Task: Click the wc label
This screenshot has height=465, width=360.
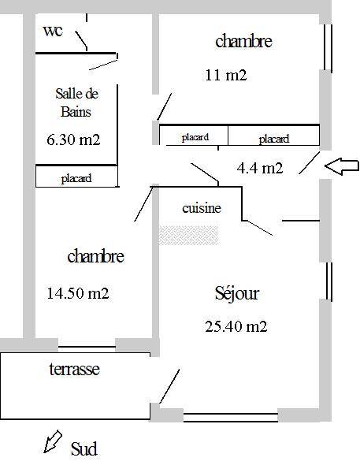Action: [53, 31]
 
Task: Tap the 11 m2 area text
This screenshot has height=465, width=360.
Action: [226, 75]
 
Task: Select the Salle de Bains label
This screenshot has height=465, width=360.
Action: [76, 102]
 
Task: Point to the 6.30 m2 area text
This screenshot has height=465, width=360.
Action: [73, 139]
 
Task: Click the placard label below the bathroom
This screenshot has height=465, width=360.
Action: [76, 179]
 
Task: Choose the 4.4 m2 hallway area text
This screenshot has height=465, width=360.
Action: [260, 168]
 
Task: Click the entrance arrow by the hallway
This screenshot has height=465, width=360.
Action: [342, 166]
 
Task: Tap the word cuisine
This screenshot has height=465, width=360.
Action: [202, 208]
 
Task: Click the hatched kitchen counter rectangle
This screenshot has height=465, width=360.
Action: [189, 236]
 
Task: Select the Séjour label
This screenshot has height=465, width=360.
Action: [237, 293]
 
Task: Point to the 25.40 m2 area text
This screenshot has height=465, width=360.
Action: [236, 326]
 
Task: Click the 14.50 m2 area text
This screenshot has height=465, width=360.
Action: [78, 293]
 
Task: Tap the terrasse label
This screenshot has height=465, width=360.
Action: [74, 369]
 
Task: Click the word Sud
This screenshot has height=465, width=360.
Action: [84, 449]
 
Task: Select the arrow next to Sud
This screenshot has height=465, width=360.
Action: [53, 442]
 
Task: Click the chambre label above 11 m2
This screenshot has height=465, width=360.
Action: [243, 41]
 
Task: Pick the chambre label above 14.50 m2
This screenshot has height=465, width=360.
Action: [95, 256]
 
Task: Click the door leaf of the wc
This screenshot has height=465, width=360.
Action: [81, 39]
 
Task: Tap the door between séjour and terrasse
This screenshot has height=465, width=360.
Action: [169, 386]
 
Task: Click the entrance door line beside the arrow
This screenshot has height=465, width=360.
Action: [309, 163]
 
